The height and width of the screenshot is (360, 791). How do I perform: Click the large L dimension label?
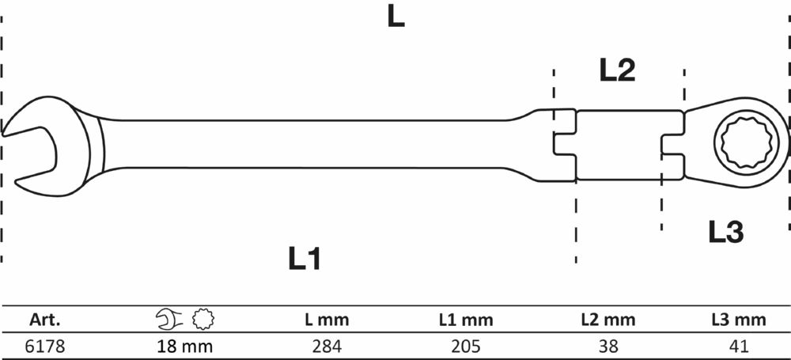click(395, 17)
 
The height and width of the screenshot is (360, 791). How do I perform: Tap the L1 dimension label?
click(305, 258)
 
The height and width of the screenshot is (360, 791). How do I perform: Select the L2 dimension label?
click(618, 72)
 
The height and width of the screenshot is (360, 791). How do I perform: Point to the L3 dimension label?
click(725, 231)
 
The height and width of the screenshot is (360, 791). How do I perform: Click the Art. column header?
click(45, 320)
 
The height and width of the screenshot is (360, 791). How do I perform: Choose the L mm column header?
click(327, 320)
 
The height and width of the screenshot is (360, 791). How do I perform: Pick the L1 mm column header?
click(467, 320)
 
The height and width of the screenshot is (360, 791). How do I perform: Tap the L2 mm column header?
click(607, 320)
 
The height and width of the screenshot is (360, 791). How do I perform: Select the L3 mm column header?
click(738, 320)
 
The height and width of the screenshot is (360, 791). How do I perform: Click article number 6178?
click(45, 346)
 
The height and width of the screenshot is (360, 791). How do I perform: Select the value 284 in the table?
click(327, 346)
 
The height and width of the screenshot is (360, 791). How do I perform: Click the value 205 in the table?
click(467, 346)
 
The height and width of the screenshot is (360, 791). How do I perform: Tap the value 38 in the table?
click(607, 346)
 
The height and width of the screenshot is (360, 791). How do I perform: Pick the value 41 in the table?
click(738, 346)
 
